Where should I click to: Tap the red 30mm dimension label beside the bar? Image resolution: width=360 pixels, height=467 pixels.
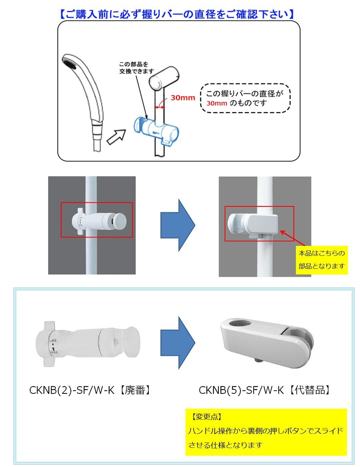click(183, 98)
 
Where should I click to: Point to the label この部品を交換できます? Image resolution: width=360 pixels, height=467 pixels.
click(137, 68)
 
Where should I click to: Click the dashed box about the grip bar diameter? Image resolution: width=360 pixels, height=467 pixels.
click(245, 98)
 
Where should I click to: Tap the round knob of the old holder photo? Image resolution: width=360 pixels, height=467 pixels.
click(119, 220)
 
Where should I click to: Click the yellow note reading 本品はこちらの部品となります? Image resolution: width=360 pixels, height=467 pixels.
click(321, 259)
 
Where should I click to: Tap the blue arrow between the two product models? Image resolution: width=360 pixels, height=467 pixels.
click(177, 342)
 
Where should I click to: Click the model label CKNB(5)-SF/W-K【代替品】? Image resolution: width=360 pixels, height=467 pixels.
click(265, 390)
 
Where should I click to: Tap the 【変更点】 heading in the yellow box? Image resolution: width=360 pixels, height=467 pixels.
click(207, 416)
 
